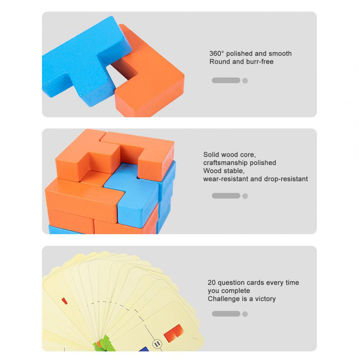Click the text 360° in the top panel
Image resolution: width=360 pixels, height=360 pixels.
[216, 54]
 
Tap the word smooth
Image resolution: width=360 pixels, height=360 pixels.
[280, 54]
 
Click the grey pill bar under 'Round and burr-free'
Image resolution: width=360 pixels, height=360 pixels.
[226, 80]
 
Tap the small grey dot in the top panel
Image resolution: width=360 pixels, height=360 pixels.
[245, 81]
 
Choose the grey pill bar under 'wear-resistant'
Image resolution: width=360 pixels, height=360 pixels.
[226, 196]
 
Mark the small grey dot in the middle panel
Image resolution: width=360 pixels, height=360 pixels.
[245, 196]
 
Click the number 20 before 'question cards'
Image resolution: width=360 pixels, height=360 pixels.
[211, 283]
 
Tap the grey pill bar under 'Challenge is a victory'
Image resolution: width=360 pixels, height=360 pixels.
[226, 314]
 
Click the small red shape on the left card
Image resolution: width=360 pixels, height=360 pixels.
[64, 301]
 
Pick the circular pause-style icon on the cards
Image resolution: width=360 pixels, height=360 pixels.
[157, 344]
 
